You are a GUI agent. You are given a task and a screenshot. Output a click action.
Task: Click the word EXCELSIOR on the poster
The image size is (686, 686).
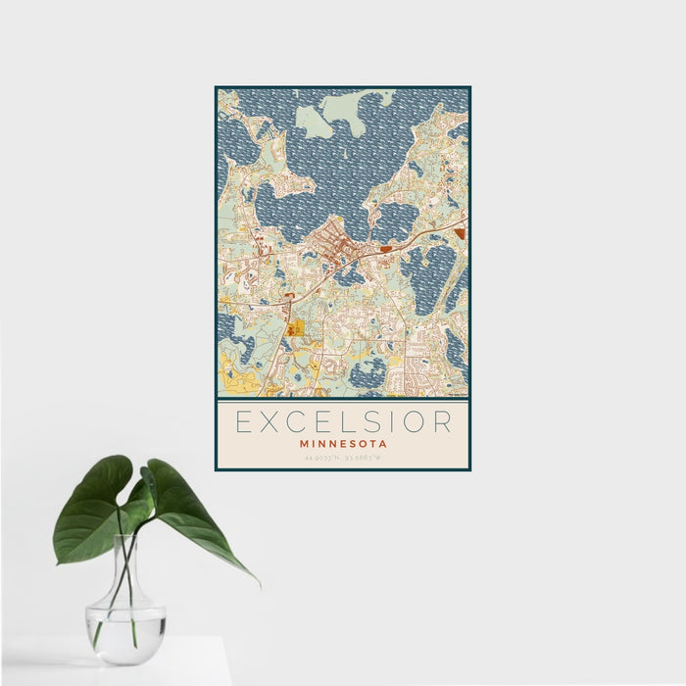pyautogui.click(x=343, y=422)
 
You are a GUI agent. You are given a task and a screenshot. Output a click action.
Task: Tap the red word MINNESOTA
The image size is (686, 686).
pyautogui.click(x=343, y=444)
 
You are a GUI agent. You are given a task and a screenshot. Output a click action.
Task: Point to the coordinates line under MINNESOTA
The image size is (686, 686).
pyautogui.click(x=343, y=458)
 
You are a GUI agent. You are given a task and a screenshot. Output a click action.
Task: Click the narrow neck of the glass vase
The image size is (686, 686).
pyautogui.click(x=125, y=568)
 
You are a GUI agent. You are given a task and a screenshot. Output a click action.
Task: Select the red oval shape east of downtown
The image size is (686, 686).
pyautogui.click(x=385, y=250)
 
